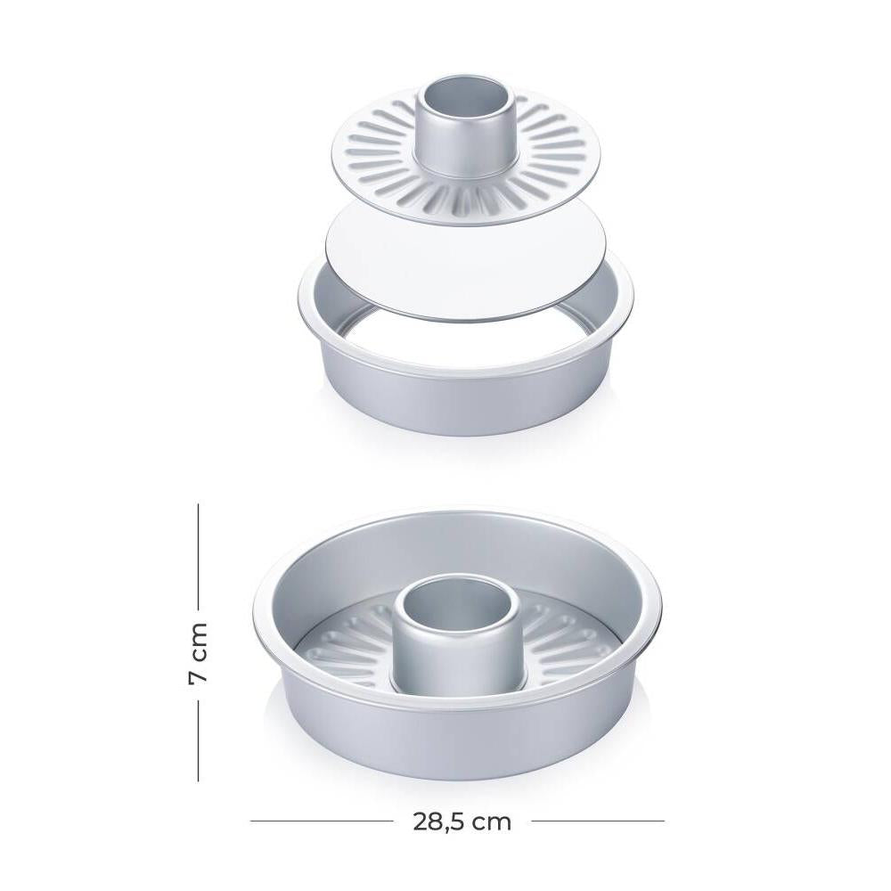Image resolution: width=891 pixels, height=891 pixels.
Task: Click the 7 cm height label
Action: (x=199, y=653)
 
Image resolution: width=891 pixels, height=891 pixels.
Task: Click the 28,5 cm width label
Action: (x=462, y=822)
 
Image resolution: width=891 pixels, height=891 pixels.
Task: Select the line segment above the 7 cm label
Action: (x=199, y=555)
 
